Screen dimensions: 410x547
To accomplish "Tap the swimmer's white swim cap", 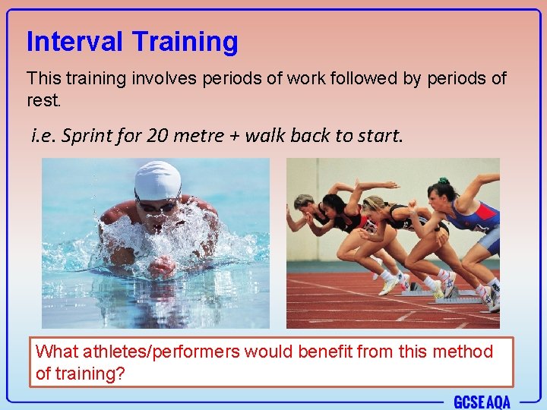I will pyautogui.click(x=157, y=179).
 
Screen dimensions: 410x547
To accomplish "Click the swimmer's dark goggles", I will pyautogui.click(x=157, y=205).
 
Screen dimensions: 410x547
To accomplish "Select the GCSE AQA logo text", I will pyautogui.click(x=482, y=402).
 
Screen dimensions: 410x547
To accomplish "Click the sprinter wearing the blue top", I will pyautogui.click(x=471, y=220).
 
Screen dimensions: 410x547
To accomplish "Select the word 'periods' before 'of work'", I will pyautogui.click(x=229, y=79).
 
